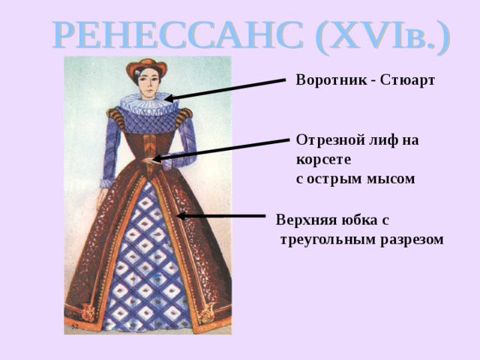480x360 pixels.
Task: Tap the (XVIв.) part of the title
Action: pos(382,35)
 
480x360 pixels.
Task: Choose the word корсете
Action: pos(323,159)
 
